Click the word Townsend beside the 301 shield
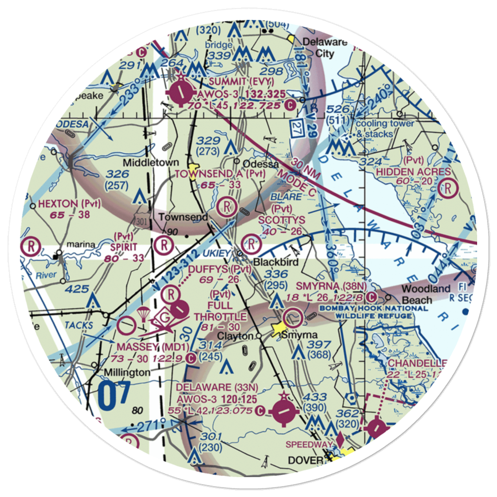click(x=176, y=218)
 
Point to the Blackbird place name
click(x=270, y=261)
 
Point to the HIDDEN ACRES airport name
click(x=414, y=171)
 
